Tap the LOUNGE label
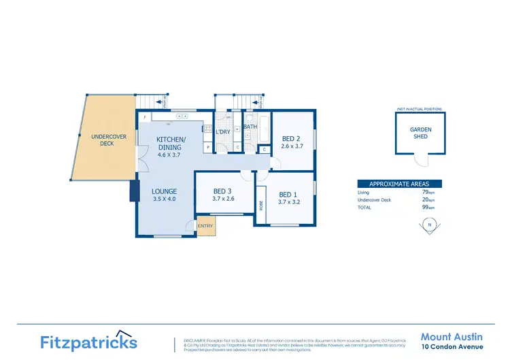pyautogui.click(x=165, y=195)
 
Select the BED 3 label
pyautogui.click(x=222, y=195)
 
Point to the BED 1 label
pyautogui.click(x=289, y=198)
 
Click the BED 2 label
pyautogui.click(x=291, y=142)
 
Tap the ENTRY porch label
pyautogui.click(x=205, y=227)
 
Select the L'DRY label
pyautogui.click(x=223, y=132)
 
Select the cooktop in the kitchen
pyautogui.click(x=182, y=116)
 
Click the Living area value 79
pyautogui.click(x=426, y=193)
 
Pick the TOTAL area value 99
pyautogui.click(x=426, y=207)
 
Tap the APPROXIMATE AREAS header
pyautogui.click(x=399, y=184)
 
